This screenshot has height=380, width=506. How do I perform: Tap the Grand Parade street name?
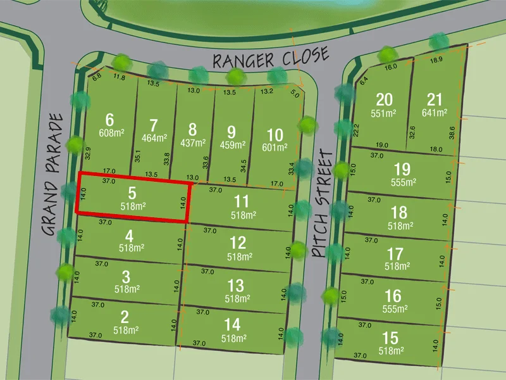[x=56, y=174]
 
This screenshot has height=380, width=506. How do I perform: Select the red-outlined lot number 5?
[x=132, y=193]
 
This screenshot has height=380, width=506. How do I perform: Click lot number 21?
[x=435, y=100]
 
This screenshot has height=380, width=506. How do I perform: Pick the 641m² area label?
[x=435, y=113]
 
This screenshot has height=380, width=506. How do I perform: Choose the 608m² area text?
[x=111, y=133]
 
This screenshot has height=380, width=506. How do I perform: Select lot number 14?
[x=232, y=324]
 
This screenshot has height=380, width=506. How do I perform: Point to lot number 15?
[x=391, y=337]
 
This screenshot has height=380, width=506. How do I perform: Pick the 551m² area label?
[x=384, y=113]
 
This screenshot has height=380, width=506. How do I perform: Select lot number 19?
[x=401, y=170]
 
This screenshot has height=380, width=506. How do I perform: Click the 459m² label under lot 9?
[x=231, y=144]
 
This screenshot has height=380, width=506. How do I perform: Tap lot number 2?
[x=125, y=317]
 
